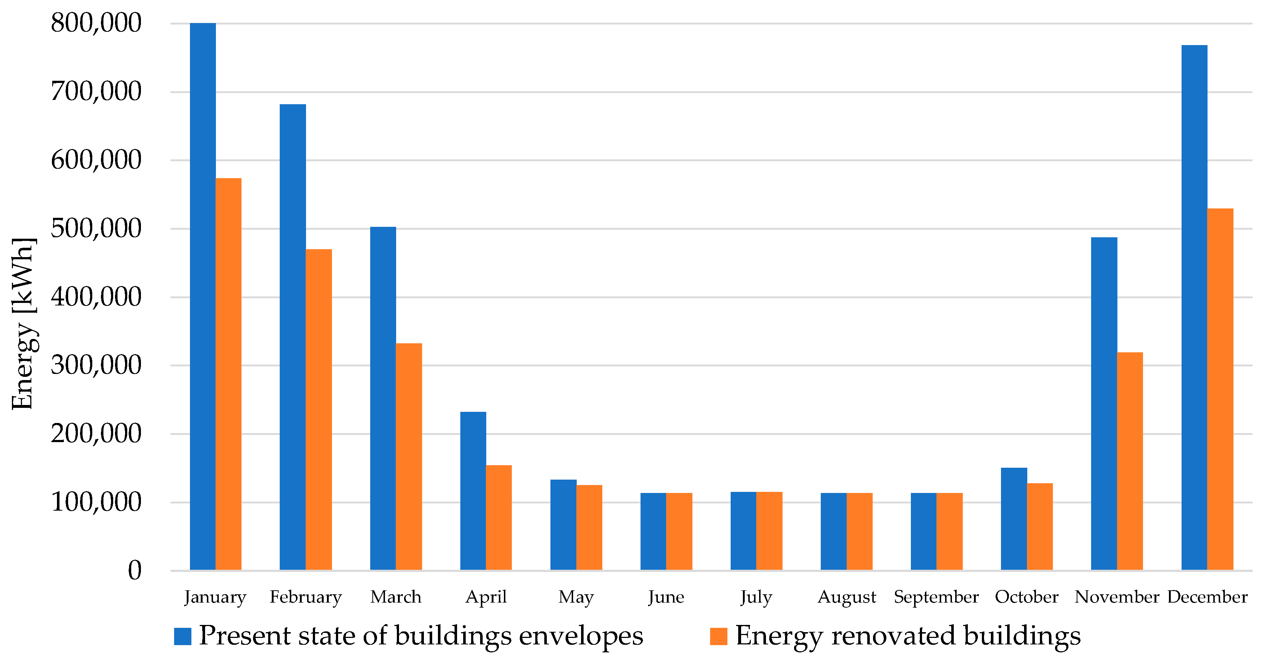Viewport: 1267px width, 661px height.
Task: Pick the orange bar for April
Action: (499, 517)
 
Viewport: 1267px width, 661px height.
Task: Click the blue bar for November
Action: (1104, 404)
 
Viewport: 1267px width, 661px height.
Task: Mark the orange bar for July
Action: (769, 530)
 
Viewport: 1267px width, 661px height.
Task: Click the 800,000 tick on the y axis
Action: (96, 23)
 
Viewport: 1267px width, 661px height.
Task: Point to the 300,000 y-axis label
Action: (96, 366)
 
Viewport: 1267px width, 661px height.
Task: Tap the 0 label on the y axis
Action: (134, 571)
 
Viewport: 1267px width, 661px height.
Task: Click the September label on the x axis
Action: (936, 597)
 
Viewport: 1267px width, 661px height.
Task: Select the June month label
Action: (666, 597)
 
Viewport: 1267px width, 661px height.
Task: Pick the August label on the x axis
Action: (846, 597)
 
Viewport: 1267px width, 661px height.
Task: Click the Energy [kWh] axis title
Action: (23, 323)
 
